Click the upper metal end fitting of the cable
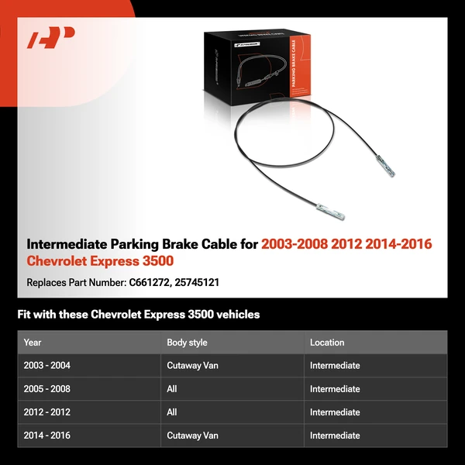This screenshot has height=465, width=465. (x=385, y=164)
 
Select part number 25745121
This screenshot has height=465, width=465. (x=198, y=282)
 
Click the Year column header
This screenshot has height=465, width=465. (x=33, y=343)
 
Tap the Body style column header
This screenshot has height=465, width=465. (x=187, y=343)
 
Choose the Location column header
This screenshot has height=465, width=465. (x=327, y=343)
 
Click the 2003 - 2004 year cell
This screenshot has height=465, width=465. (x=46, y=366)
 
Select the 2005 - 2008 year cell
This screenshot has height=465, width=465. (x=46, y=389)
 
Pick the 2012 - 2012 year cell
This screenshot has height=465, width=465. (x=46, y=412)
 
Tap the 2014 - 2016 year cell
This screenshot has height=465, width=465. (x=46, y=436)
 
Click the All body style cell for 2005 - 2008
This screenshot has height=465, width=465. (x=172, y=389)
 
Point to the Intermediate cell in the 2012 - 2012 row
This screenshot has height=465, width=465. (x=335, y=412)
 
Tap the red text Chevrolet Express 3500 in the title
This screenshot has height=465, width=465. (x=100, y=262)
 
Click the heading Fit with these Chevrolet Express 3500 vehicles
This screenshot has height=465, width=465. (x=139, y=315)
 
